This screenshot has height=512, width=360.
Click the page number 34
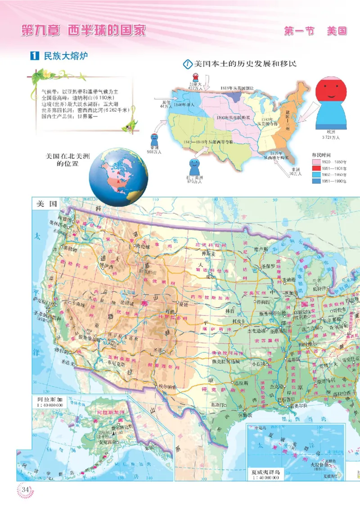coord(25,489)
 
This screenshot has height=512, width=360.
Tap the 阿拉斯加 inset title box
coord(48,401)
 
